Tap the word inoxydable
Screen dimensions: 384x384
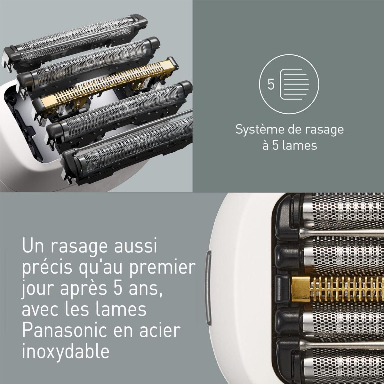click(x=66, y=351)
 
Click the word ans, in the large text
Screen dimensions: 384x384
click(x=140, y=289)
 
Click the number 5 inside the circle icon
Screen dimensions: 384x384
click(x=271, y=85)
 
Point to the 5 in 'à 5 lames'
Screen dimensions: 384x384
click(x=275, y=146)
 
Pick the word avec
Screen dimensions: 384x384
click(x=40, y=310)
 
